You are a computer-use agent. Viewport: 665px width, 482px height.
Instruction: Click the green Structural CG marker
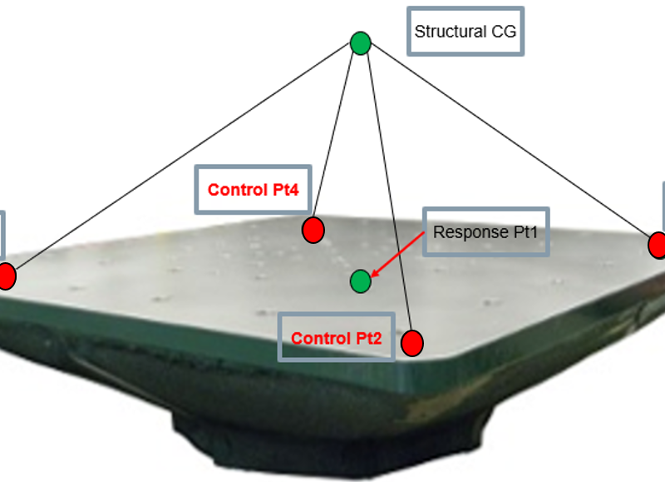point(360,42)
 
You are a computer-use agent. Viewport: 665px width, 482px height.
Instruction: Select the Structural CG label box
point(465,32)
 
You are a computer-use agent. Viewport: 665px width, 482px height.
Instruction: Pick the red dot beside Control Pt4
point(313,230)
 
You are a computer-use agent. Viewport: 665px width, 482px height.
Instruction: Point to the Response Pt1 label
point(486,232)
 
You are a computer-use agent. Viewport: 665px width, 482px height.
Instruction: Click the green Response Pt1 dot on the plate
point(360,281)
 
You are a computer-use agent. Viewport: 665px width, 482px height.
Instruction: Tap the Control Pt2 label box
point(336,338)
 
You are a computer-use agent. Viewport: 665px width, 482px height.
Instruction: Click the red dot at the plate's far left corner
point(5,276)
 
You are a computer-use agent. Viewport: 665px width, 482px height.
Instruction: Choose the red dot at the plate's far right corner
point(658,245)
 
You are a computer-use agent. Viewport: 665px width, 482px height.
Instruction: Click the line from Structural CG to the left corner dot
point(183,158)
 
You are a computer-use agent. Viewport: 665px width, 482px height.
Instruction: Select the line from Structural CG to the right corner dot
point(507,142)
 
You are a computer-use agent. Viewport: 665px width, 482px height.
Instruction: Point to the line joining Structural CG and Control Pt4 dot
point(337,133)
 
